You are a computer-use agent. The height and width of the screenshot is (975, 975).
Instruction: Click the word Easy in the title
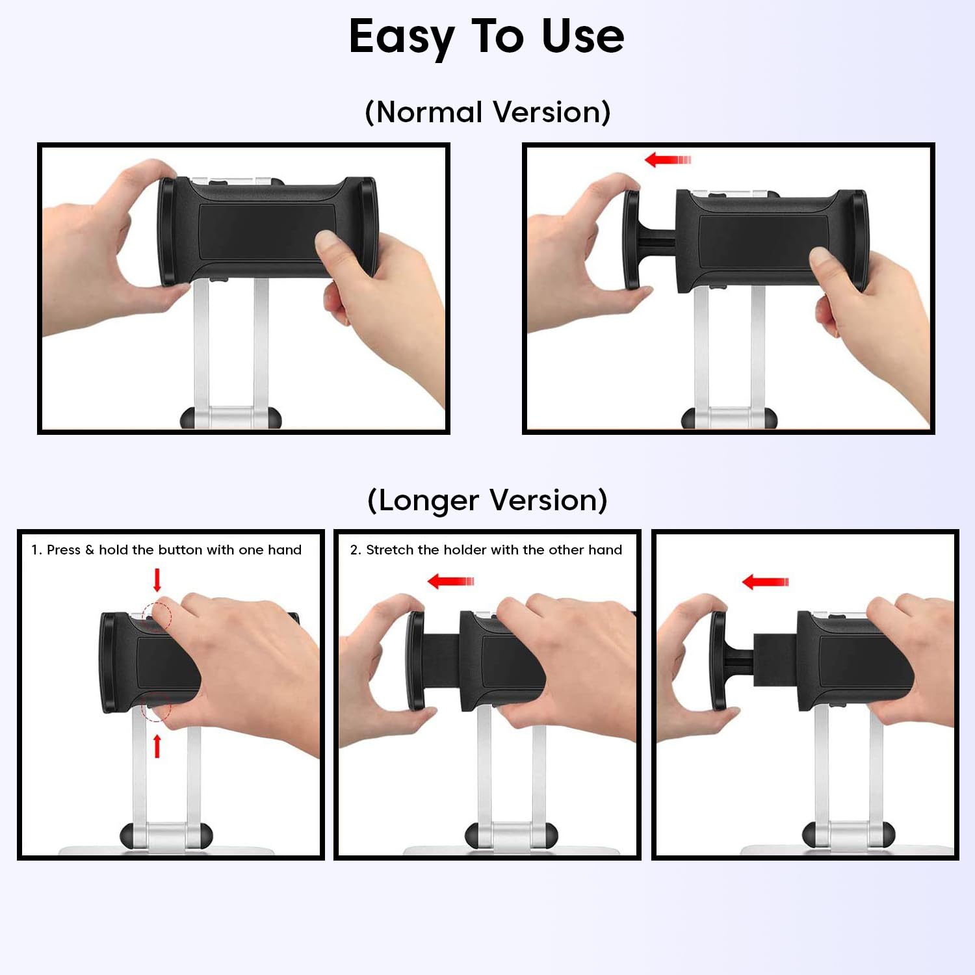coord(402,38)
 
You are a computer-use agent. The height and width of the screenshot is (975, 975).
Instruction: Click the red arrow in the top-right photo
coord(668,159)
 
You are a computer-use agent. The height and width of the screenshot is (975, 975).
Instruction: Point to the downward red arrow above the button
coord(157,580)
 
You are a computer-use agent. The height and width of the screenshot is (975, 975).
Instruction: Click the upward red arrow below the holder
coord(157,746)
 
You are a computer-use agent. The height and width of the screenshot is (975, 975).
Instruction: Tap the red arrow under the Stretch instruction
coord(450,581)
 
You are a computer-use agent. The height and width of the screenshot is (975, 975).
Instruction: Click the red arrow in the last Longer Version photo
coord(765,581)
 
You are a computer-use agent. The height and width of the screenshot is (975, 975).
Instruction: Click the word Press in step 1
coord(64,550)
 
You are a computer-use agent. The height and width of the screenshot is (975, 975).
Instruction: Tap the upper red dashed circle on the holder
coord(156,617)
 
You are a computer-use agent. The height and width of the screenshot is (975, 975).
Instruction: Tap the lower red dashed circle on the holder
coord(156,707)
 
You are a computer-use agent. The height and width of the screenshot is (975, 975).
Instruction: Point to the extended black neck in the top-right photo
coord(656,239)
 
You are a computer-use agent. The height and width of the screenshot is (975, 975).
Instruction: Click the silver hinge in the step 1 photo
coord(166,836)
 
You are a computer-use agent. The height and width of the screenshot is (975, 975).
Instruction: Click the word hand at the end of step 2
coord(605,550)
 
